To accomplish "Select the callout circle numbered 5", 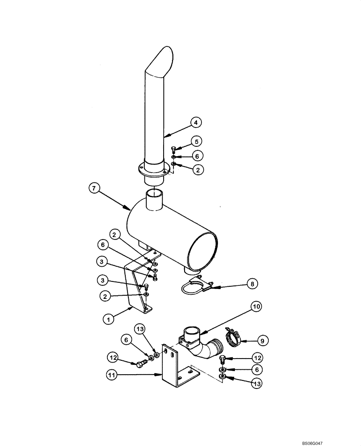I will [x=197, y=141].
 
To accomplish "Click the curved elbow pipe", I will [x=206, y=349].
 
